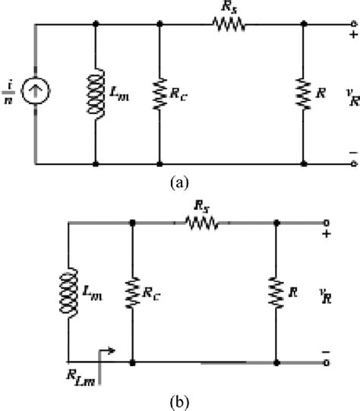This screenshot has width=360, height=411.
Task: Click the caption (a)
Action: coord(179,182)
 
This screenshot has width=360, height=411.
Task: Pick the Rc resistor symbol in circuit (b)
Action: coord(133,292)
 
